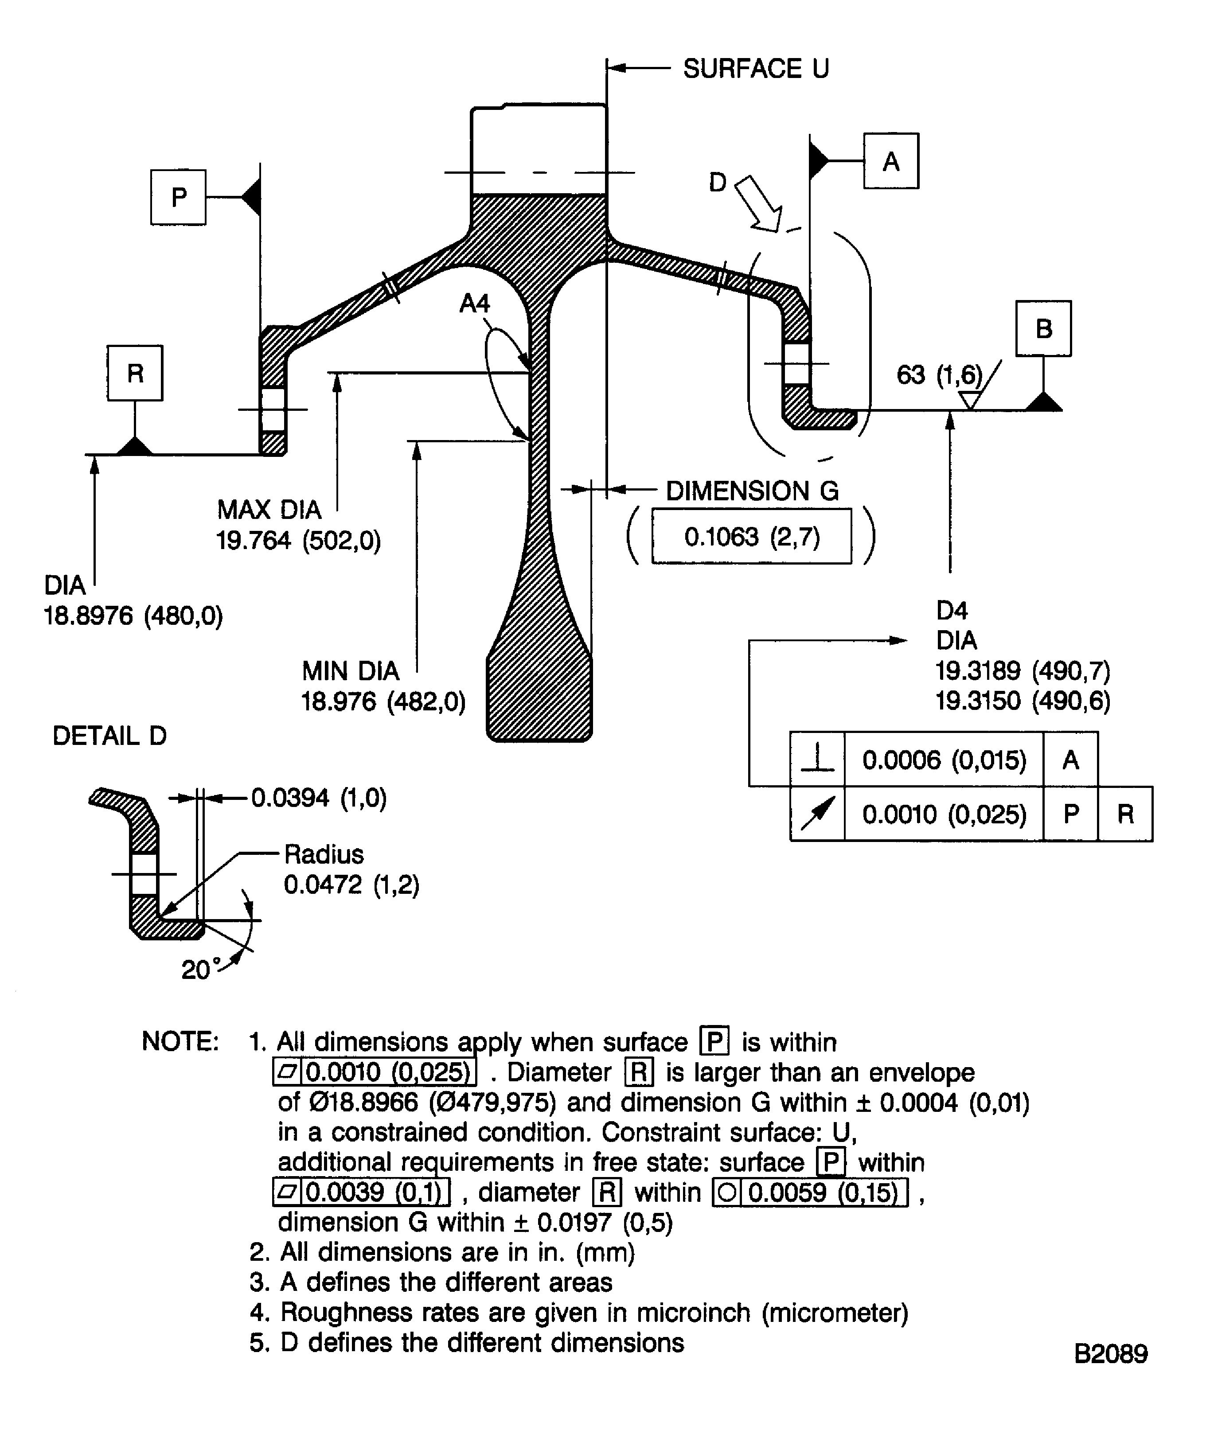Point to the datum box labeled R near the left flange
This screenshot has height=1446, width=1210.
tap(135, 373)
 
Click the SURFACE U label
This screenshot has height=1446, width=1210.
tap(756, 68)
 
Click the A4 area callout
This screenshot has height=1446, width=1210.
tap(475, 303)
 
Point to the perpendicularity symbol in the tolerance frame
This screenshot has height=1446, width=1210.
tap(817, 760)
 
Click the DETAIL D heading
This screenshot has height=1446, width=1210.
tap(109, 736)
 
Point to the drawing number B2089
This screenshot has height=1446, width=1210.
tap(1110, 1354)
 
